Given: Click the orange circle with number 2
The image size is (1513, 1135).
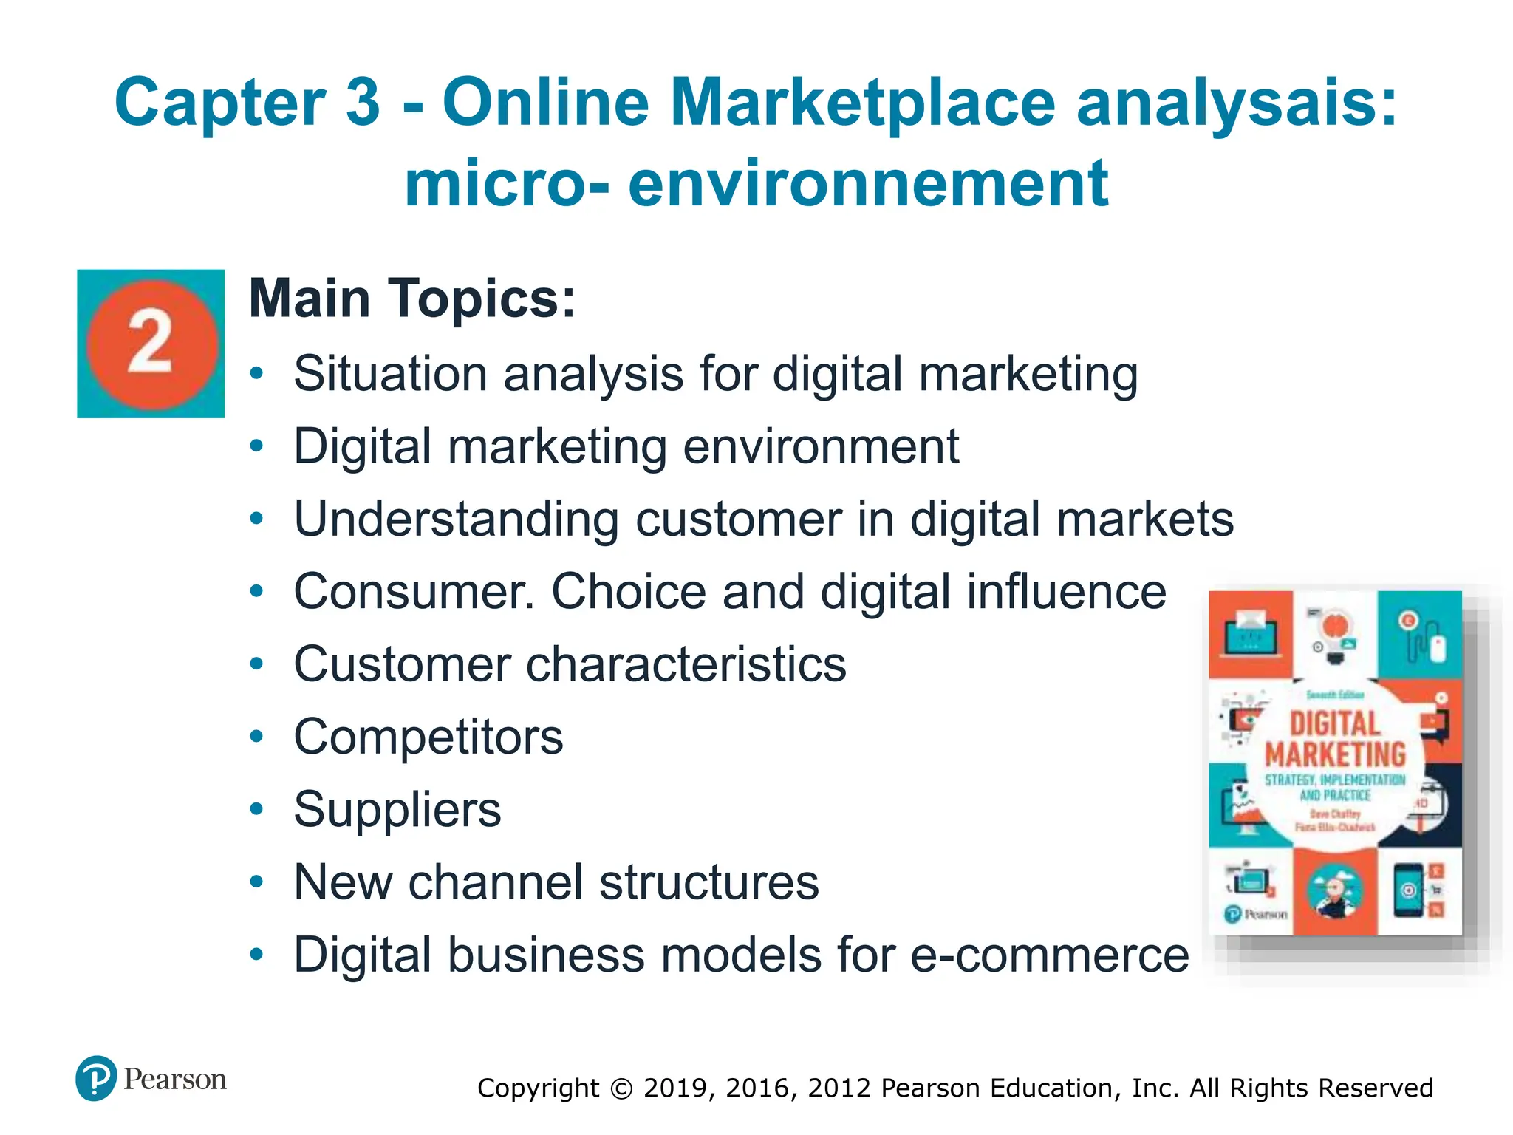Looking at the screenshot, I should [151, 344].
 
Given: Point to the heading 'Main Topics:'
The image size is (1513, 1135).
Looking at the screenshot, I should [411, 299].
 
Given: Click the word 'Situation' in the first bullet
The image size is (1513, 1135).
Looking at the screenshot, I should [390, 373].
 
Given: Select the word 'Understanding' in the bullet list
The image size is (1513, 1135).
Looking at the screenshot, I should [456, 519].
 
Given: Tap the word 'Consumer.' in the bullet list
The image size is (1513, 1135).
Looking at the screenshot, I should [414, 591].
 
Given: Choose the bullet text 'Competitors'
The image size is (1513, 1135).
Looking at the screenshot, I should [428, 737].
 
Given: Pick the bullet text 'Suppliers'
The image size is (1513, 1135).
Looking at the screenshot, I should [397, 809].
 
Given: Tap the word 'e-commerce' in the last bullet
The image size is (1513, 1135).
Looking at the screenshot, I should [1049, 955].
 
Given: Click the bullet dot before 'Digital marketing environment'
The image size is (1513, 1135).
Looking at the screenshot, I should [256, 446].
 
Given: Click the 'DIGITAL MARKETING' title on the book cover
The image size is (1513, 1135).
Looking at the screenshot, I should [1335, 739].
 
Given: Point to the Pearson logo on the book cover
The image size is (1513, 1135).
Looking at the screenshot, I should [1257, 915].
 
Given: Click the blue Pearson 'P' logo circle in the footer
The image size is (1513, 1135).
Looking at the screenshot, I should [96, 1079].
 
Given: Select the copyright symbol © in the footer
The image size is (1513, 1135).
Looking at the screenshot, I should [621, 1088].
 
